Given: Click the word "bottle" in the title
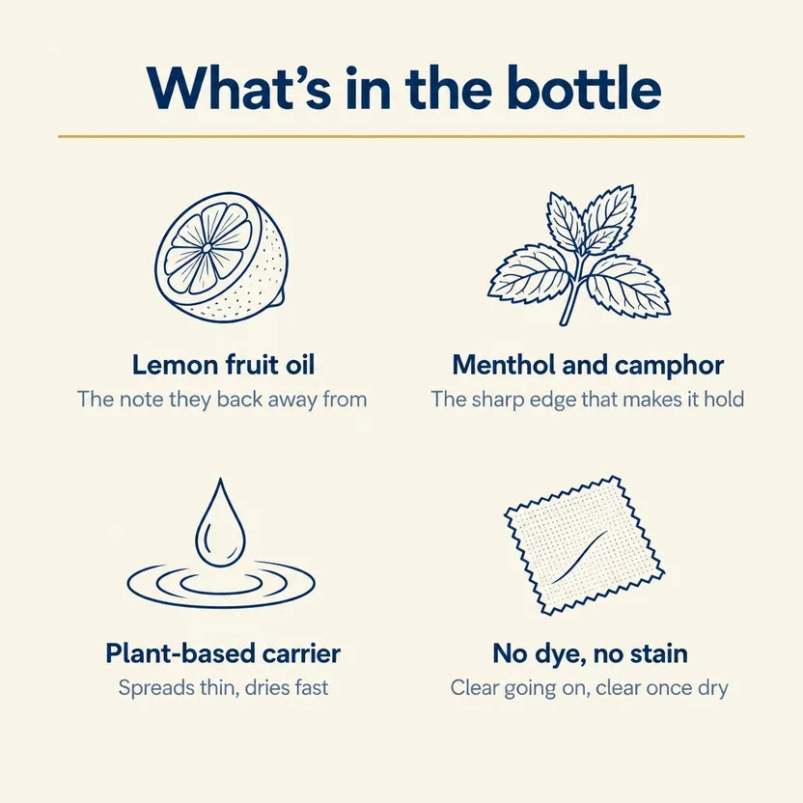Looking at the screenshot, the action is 584,87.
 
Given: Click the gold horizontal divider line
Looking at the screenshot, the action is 401,137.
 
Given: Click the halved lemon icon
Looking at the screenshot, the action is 221,257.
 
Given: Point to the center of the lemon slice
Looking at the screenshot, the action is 207,248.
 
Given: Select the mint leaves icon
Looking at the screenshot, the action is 579,255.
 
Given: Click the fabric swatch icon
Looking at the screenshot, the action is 584,545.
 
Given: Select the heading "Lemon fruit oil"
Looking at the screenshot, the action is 223,365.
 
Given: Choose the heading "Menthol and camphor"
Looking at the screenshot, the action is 588,366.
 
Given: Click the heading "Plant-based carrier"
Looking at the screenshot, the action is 223,653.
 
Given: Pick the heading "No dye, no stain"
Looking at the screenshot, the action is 590,654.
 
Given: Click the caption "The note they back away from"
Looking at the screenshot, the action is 222,400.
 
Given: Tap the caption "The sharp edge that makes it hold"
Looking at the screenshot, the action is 588,400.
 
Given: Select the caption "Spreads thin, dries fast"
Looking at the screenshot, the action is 223,688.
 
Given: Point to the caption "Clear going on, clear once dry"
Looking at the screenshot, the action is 590,688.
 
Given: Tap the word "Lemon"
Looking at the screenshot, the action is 175,365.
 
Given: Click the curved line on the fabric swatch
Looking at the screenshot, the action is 580,557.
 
